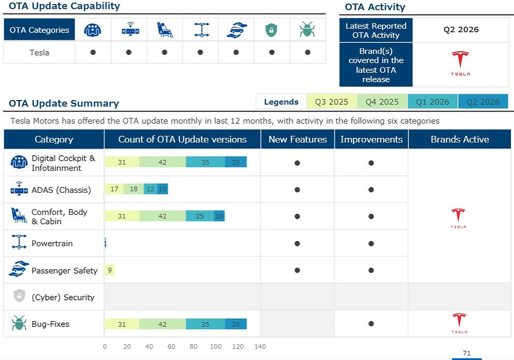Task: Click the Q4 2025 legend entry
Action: point(382,102)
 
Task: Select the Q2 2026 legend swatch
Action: point(483,102)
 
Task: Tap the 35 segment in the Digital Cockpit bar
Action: point(205,162)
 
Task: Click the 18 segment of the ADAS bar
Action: point(134,189)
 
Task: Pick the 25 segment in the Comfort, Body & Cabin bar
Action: point(200,216)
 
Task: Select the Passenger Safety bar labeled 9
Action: point(110,270)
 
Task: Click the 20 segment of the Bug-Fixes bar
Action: point(235,324)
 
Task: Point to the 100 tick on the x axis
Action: point(216,346)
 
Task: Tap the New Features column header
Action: point(298,139)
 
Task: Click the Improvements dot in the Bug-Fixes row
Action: point(371,324)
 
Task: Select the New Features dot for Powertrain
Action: point(297,243)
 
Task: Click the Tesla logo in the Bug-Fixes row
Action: point(459,323)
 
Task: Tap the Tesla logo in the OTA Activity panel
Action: point(461,63)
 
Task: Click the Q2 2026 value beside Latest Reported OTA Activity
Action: point(461,29)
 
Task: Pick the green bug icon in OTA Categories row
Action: point(307,29)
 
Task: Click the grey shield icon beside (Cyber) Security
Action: point(19,296)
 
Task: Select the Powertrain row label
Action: point(52,243)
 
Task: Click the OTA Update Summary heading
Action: point(64,103)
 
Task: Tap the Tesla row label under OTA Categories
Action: point(39,52)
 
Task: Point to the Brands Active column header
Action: point(459,139)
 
